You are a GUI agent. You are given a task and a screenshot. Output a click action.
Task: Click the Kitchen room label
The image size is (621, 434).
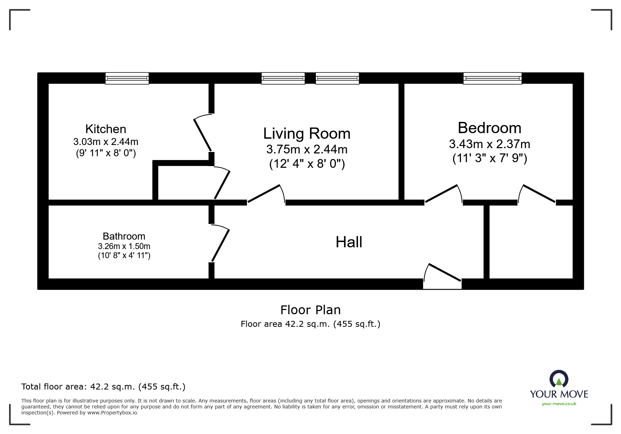[106, 129]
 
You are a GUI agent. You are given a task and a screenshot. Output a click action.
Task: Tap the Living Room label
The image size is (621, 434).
[306, 133]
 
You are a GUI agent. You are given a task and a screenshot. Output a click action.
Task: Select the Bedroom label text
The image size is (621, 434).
[489, 128]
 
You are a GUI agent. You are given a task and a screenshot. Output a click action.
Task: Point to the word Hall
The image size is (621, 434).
[349, 242]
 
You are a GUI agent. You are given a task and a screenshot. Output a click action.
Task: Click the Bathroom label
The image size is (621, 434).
[124, 236]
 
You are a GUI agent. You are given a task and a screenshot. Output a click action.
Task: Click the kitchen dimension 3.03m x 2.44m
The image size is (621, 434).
[106, 142]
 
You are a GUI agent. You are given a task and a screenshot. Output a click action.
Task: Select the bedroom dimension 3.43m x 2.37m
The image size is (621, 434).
[489, 144]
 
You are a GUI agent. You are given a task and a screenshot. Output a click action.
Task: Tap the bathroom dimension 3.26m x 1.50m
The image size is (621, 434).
[124, 246]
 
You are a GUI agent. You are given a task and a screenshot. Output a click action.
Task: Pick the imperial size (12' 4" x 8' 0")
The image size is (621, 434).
[306, 164]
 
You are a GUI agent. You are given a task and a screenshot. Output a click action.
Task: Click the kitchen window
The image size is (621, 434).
[127, 78]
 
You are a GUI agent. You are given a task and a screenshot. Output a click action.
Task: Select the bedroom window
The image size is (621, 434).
[492, 78]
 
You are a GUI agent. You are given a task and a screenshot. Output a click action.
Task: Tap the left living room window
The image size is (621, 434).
[283, 78]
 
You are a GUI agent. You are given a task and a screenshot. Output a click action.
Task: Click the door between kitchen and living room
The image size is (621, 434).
[203, 134]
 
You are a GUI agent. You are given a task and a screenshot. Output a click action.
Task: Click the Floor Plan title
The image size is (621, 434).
[310, 310]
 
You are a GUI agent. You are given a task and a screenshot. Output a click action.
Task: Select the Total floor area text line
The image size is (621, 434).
[103, 387]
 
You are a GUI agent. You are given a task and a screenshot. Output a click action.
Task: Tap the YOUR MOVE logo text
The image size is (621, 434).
[559, 394]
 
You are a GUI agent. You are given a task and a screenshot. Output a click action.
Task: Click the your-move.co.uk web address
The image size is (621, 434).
[559, 404]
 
